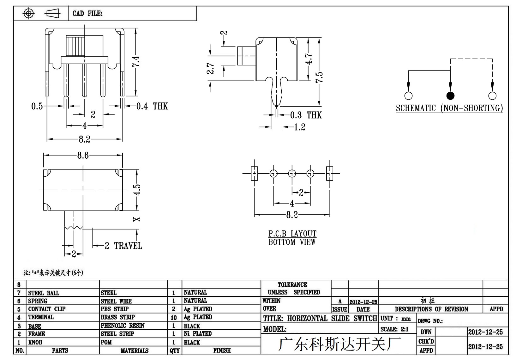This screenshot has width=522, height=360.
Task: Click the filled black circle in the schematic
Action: (x=450, y=96)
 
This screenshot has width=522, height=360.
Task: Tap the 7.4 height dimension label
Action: (x=136, y=61)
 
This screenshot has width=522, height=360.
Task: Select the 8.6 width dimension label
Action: (x=83, y=156)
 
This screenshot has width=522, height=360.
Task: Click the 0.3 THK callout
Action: (x=306, y=115)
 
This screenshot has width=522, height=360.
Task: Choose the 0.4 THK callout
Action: (x=152, y=107)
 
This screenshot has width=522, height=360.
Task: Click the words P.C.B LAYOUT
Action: (x=292, y=234)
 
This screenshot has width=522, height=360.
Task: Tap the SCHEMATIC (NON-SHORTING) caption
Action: (x=449, y=108)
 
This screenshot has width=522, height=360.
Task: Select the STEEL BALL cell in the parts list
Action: (x=44, y=293)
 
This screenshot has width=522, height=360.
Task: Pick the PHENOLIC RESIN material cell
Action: (x=122, y=326)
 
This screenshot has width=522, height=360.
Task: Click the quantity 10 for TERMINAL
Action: (x=174, y=317)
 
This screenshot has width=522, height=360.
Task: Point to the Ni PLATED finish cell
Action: (x=198, y=334)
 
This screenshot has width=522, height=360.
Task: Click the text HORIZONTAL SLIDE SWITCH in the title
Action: (x=332, y=319)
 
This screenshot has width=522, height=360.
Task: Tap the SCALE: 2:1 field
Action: (x=394, y=329)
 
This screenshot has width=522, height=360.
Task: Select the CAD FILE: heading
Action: (x=87, y=13)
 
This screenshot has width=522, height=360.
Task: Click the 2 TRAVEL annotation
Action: (x=123, y=246)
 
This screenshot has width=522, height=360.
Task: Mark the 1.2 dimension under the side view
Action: (x=300, y=127)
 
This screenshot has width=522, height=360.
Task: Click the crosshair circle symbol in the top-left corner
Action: (x=29, y=13)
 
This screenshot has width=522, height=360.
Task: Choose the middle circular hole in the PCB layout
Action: (x=292, y=174)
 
